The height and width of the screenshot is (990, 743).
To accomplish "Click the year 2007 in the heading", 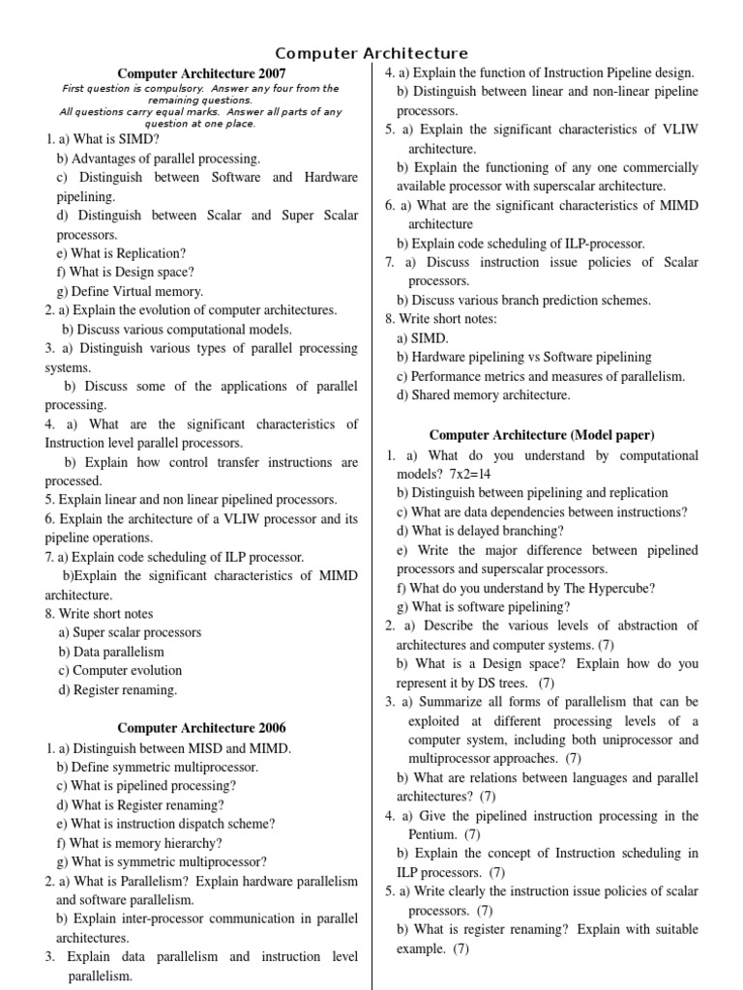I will [271, 73].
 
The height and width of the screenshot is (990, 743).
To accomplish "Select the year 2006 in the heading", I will [271, 728].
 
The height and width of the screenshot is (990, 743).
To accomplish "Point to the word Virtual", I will [145, 291].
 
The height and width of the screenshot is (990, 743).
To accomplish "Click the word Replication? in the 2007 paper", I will [149, 253].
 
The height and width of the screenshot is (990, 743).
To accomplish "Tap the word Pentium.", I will [431, 834].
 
